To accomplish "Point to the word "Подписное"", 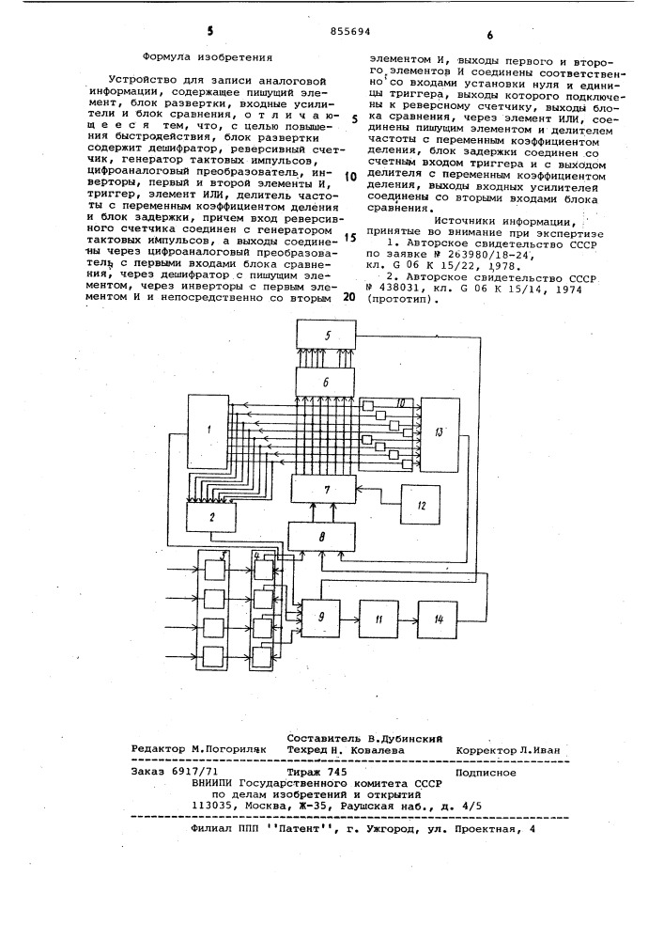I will click(x=484, y=772).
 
